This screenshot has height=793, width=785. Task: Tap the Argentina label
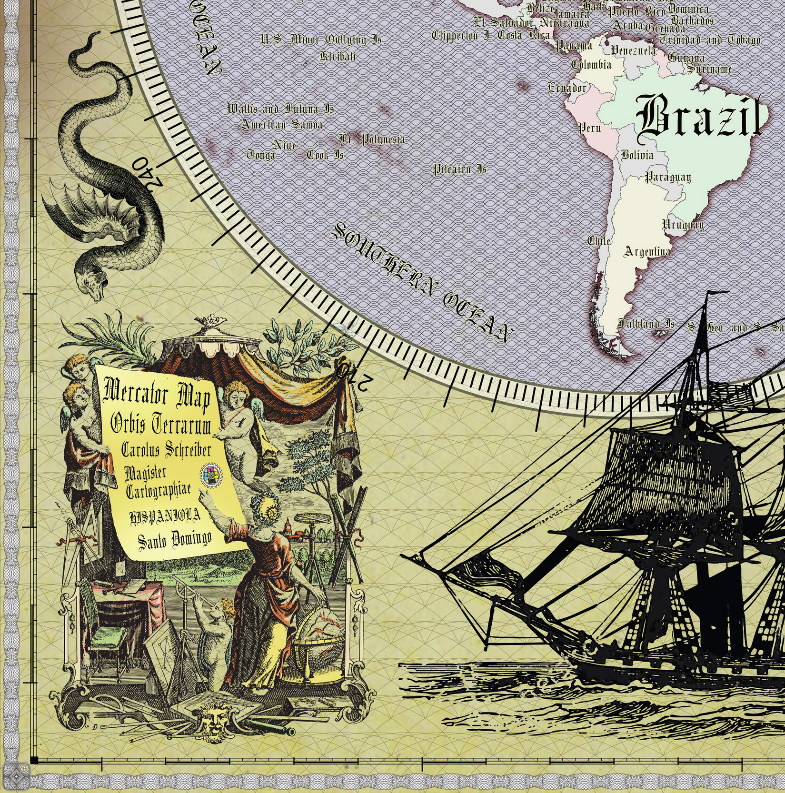pos(647,251)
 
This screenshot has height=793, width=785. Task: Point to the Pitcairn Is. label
pos(460,169)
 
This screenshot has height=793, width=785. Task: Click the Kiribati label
pos(338,57)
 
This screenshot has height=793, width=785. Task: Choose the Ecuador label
pos(567,88)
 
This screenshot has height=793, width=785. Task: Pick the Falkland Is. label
pos(646,324)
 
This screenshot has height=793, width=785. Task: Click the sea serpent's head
pos(93,285)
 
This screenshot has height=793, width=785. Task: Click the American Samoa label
pos(281,125)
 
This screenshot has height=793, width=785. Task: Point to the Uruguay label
pos(683,224)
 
